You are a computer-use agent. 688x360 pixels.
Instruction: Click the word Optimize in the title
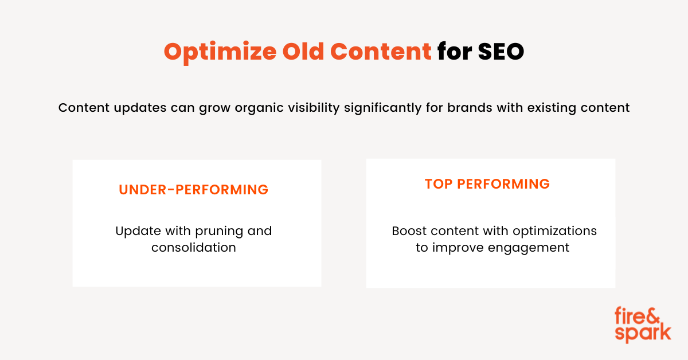(x=220, y=52)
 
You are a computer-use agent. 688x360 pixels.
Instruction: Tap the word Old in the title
(x=303, y=51)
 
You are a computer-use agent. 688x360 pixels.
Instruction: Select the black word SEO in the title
(x=501, y=51)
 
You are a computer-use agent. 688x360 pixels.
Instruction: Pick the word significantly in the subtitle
(x=383, y=108)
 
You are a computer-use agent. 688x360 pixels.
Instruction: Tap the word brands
(x=470, y=108)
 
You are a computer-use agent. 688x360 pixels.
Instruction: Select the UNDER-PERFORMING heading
(x=194, y=190)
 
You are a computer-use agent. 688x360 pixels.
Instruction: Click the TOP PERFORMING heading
(x=487, y=184)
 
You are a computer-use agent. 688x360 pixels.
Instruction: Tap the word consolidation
(x=194, y=248)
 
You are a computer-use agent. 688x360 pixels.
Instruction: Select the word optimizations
(x=555, y=232)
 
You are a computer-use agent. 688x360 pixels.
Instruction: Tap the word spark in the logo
(x=643, y=334)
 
